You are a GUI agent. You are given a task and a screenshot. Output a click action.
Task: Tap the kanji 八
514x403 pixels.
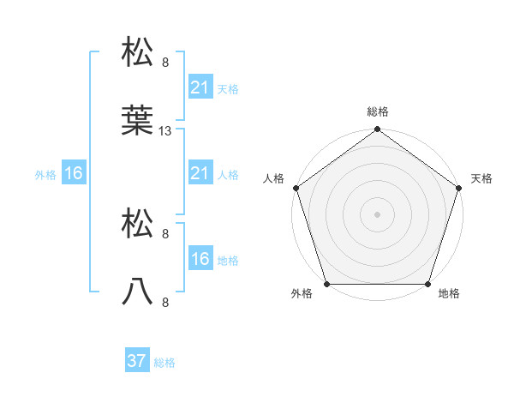coord(138,292)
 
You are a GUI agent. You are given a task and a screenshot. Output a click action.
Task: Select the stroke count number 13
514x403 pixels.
coord(166,131)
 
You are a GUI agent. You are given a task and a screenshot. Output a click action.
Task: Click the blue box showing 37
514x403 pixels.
coord(136,361)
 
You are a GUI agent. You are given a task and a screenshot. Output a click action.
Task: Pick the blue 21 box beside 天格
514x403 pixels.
coord(200,87)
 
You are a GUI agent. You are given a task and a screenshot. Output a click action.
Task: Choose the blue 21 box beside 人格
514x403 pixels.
coord(200,174)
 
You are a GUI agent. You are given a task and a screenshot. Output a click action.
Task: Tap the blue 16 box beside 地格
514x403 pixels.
coord(200,259)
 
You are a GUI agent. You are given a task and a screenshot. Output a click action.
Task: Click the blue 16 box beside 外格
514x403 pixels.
coord(74,174)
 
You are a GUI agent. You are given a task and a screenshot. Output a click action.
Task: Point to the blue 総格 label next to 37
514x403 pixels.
coord(164,363)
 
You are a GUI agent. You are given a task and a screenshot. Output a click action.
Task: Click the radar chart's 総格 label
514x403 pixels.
coord(378,111)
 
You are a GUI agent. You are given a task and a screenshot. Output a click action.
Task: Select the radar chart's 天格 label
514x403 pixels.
coord(481,178)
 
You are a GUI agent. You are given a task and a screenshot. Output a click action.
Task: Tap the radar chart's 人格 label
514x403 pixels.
coord(273,178)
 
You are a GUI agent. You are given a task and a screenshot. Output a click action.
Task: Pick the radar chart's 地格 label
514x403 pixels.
coord(449,294)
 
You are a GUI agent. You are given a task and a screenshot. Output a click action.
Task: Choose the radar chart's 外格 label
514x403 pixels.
coord(302,294)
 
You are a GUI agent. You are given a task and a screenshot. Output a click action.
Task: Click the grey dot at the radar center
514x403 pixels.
coord(377,214)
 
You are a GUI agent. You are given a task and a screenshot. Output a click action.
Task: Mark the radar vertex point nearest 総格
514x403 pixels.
coord(377,130)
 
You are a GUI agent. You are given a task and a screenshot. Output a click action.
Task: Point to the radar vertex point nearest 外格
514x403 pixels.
coord(326,283)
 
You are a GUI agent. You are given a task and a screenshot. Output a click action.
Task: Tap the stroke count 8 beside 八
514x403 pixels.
coord(165,302)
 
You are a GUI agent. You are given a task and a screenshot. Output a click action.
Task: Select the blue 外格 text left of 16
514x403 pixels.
coord(45,175)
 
